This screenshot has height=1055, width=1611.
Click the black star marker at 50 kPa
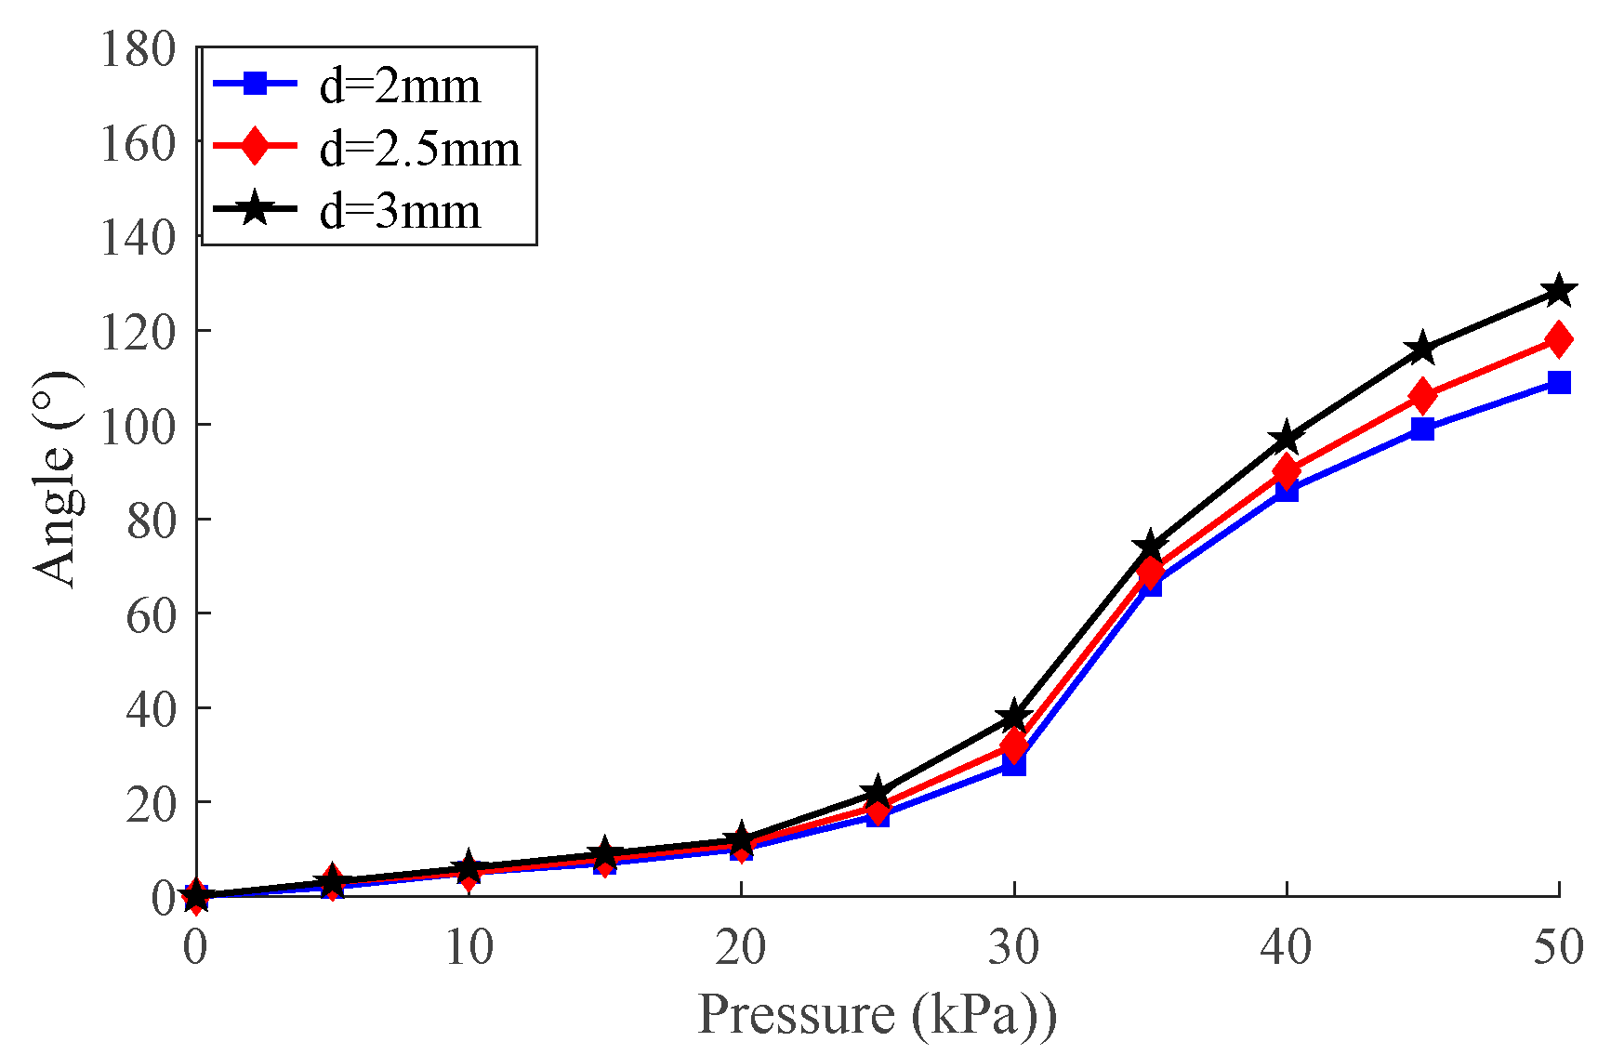pos(1559,291)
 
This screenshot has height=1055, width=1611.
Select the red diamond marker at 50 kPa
pos(1559,339)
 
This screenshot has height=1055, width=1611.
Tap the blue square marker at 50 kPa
pos(1559,382)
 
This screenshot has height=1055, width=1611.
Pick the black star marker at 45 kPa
pos(1422,349)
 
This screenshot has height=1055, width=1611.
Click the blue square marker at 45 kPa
pos(1422,429)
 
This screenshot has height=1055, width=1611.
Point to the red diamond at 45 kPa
pos(1422,396)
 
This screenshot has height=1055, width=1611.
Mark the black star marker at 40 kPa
pos(1287,438)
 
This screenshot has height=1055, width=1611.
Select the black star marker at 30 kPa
pos(1014,717)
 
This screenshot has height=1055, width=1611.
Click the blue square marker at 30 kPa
pos(1014,765)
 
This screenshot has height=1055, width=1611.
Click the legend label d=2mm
pos(400,86)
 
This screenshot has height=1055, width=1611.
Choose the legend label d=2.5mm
pos(419,149)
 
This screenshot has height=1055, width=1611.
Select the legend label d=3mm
pos(400,211)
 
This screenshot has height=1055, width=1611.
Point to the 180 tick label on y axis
pos(138,48)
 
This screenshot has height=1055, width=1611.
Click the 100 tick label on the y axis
pos(138,426)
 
